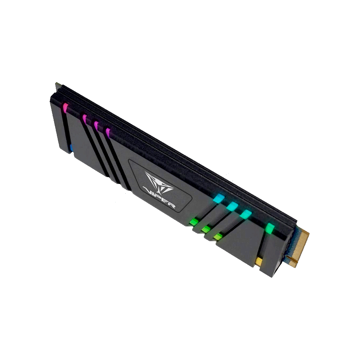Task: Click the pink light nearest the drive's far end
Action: pos(65,108)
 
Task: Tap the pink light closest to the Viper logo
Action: pos(108,133)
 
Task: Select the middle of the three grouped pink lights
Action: pos(96,126)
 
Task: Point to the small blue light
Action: pos(71,148)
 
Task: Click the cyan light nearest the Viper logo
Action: pos(219,198)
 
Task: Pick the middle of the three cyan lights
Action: pos(232,206)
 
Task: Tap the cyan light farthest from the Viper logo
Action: pos(246,214)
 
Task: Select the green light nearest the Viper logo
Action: pos(194,222)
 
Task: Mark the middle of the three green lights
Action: pos(206,229)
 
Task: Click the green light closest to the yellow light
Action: pos(218,237)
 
